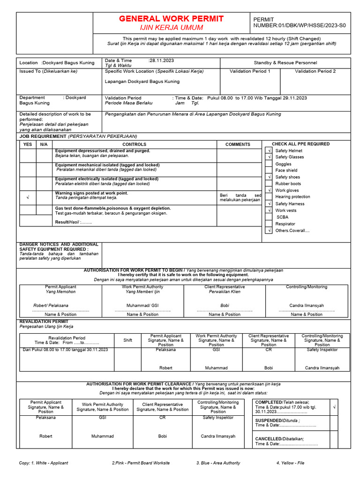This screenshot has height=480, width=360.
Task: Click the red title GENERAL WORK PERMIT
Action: click(171, 19)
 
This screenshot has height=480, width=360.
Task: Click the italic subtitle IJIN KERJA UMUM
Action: click(171, 28)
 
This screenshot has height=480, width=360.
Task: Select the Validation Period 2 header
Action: click(315, 71)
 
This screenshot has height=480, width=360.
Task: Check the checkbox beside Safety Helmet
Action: click(269, 150)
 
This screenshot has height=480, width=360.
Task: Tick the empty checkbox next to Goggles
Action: click(269, 164)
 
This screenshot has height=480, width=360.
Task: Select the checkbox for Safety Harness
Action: click(269, 204)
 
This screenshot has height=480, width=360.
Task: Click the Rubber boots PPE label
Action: click(288, 184)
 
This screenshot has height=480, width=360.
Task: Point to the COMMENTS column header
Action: click(238, 144)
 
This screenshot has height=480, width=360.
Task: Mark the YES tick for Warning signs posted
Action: click(28, 197)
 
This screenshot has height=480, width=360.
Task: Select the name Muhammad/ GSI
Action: click(142, 305)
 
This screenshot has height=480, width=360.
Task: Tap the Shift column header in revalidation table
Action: click(127, 340)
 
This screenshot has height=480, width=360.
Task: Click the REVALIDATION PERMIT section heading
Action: click(44, 322)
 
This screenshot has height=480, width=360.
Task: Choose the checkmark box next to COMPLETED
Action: click(334, 408)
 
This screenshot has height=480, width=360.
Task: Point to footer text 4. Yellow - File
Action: click(290, 463)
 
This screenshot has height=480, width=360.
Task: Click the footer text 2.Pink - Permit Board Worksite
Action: click(141, 463)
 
